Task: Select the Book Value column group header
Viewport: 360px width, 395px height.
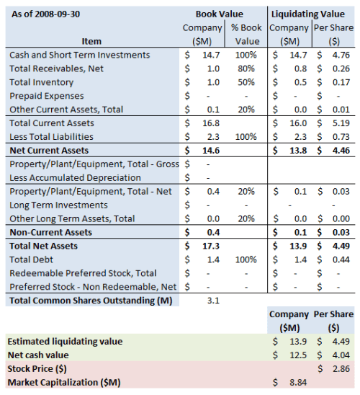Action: [219, 14]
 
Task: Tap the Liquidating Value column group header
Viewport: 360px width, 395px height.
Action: [311, 14]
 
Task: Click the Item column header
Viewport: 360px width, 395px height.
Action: [91, 41]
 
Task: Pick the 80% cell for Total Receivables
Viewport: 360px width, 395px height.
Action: [248, 68]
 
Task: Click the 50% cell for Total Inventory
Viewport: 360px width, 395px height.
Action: [248, 82]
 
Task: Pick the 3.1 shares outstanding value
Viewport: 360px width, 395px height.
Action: [213, 301]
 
